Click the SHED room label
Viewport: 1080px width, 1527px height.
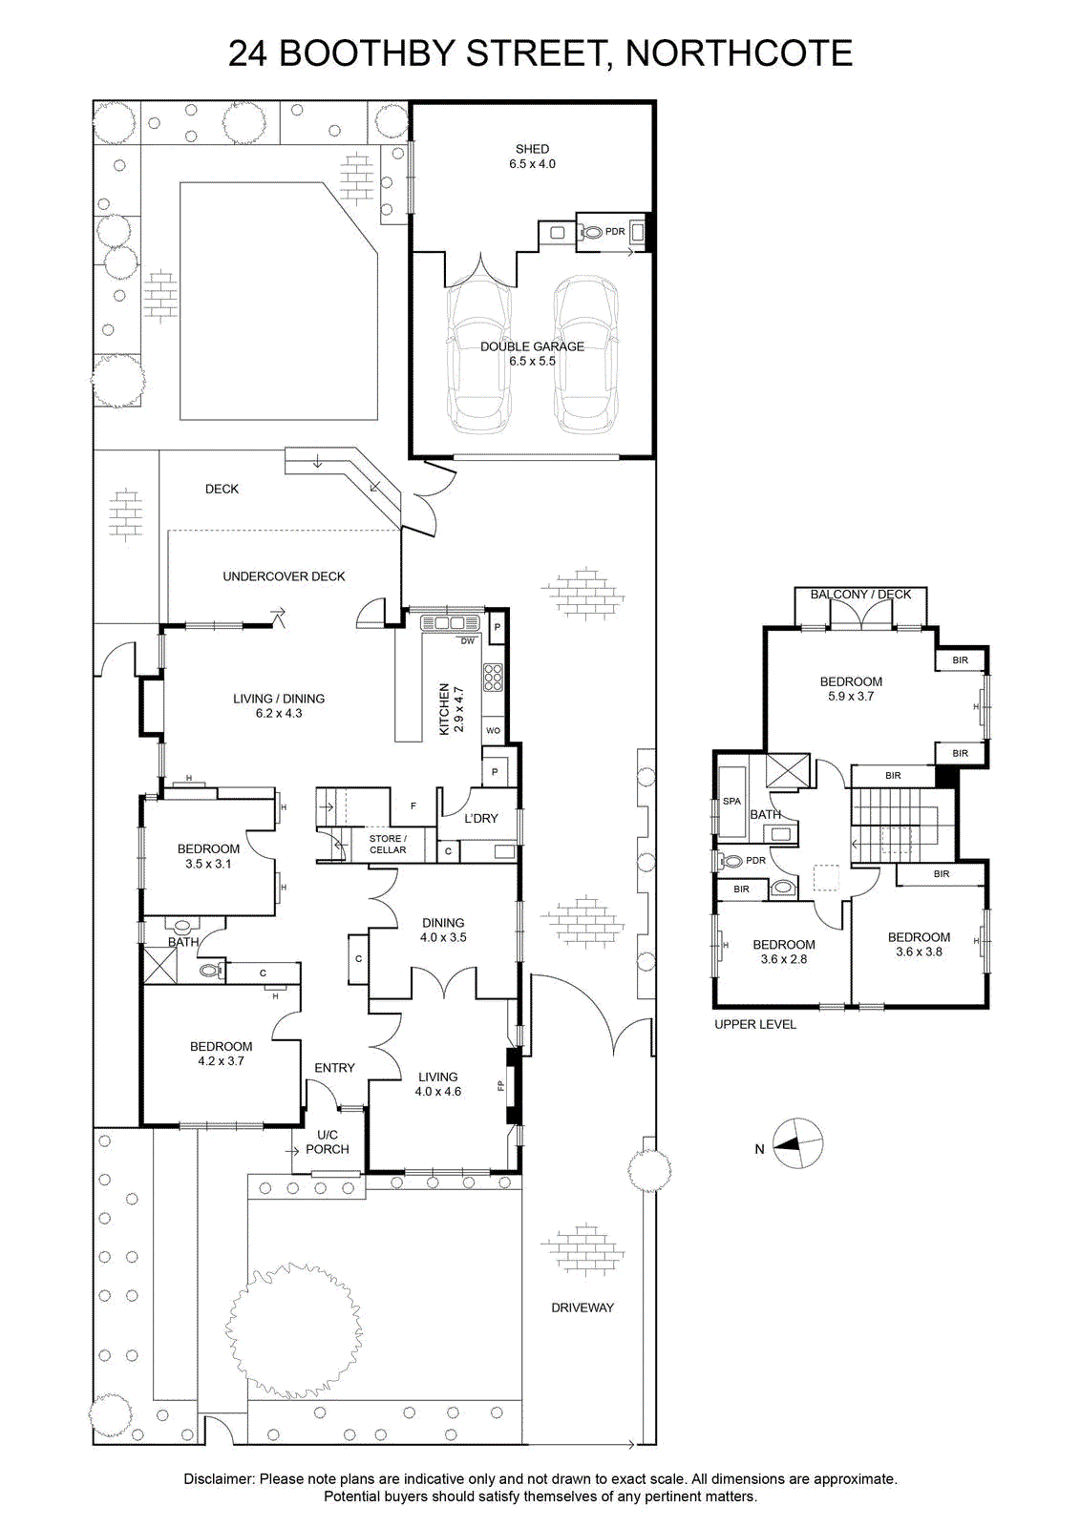pos(532,149)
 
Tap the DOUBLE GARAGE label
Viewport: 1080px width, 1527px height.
pos(532,346)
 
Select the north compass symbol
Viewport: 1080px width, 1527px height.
pos(798,1143)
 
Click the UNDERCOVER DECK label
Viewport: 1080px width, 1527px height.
pos(284,576)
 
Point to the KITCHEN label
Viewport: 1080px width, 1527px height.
pos(444,709)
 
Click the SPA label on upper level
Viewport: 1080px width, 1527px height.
pos(731,801)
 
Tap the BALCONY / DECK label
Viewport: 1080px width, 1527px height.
pos(860,595)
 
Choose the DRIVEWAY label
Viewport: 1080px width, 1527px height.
pos(582,1307)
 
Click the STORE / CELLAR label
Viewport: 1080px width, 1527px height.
pos(388,844)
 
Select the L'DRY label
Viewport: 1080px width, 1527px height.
pos(481,818)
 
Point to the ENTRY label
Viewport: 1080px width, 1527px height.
pos(334,1068)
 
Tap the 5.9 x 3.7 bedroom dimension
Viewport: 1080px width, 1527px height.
pos(851,696)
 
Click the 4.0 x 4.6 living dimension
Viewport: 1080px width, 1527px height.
pos(438,1091)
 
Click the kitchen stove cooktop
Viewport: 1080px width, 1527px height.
pos(493,677)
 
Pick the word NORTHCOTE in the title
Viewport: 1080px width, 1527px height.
pos(739,53)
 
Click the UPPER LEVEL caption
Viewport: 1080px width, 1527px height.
pos(755,1024)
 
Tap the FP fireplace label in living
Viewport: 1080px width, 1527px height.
pos(500,1085)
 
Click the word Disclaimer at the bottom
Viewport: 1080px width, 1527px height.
pos(219,1479)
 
